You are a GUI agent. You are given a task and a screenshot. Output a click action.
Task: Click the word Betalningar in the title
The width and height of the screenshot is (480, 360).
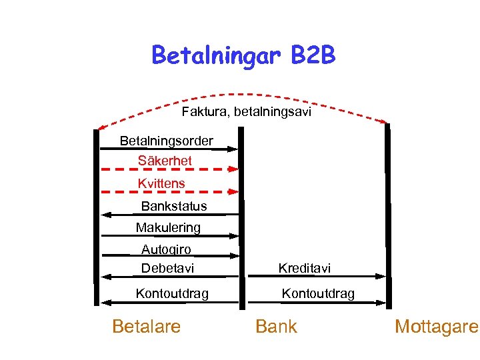pos(217,55)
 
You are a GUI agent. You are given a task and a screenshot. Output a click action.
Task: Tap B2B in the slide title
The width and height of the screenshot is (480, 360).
pos(313,55)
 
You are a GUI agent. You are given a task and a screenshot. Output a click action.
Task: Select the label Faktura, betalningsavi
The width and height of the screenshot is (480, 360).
pos(246,112)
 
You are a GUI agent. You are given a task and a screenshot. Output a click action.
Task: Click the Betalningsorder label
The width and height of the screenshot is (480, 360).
pos(167,141)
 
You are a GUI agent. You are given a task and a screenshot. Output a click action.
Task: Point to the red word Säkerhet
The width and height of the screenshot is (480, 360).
pos(165,161)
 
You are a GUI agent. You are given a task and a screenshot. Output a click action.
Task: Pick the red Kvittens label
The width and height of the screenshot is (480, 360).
pos(161,183)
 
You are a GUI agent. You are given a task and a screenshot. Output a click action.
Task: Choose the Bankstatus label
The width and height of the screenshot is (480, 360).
pos(174,206)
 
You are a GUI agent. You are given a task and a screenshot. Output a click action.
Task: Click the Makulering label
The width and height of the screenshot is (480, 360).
pos(168,228)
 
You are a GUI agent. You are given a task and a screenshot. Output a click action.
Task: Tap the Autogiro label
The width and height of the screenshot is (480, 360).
pos(166,249)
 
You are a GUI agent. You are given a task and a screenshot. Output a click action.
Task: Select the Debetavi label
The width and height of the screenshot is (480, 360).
pos(167,269)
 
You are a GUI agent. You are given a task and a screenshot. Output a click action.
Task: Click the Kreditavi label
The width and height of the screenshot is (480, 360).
pos(304,269)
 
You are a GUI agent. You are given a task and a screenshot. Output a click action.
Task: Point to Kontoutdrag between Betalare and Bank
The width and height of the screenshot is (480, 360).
pos(172,293)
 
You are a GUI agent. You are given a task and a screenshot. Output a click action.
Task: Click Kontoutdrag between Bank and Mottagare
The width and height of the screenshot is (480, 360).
pos(318,293)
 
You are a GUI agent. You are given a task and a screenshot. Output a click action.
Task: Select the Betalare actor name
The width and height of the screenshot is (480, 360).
pos(147,327)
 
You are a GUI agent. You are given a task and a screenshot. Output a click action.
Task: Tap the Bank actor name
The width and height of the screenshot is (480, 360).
pos(276,327)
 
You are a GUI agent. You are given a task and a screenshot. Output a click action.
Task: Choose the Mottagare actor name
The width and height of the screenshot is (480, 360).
pos(436,327)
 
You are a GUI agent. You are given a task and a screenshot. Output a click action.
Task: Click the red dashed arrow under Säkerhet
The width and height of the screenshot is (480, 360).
pos(170,170)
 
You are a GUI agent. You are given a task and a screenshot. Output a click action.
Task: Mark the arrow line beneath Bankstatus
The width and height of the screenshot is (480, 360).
pos(170,214)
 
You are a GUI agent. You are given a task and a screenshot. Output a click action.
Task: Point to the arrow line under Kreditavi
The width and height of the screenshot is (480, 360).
pos(313,277)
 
